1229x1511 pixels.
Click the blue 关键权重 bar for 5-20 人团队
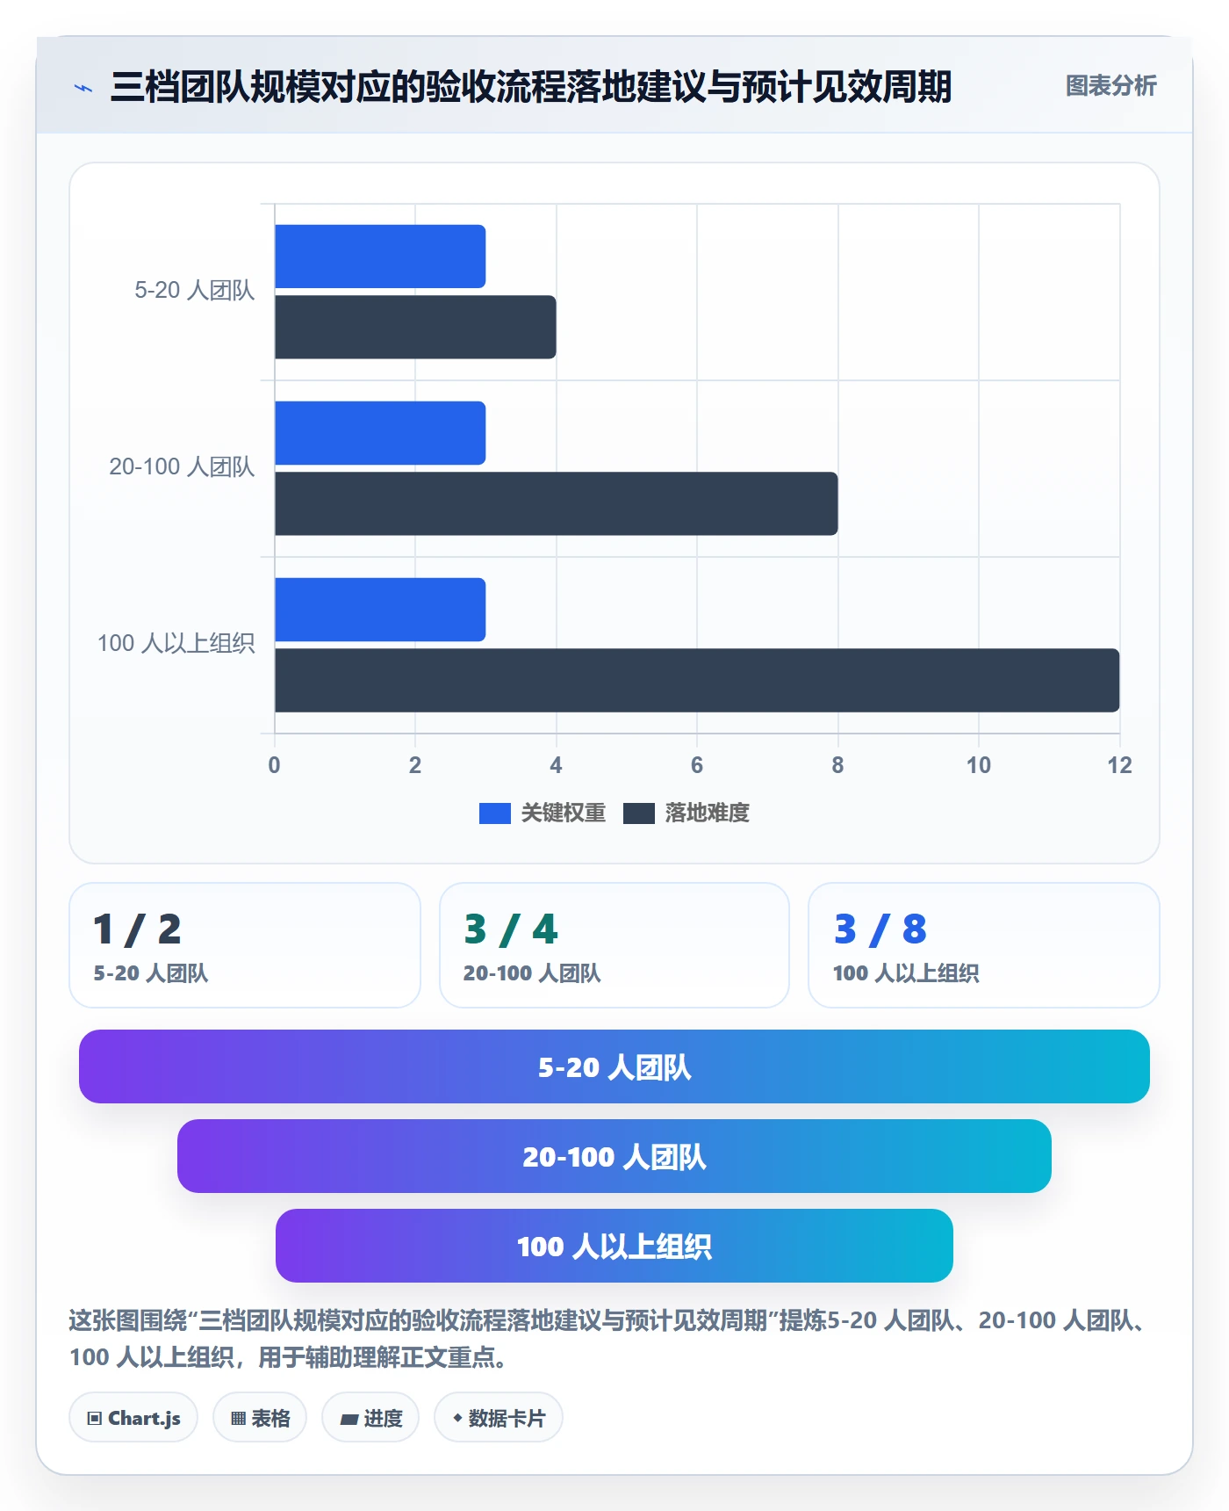point(380,257)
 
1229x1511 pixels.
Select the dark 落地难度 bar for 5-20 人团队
point(415,327)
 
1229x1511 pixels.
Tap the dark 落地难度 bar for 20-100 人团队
point(557,503)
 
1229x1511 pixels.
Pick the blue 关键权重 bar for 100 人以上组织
point(380,610)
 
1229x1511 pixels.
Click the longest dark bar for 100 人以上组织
point(697,680)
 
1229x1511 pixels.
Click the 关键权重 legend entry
point(543,813)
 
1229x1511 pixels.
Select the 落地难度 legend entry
point(686,813)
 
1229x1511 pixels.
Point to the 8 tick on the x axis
point(837,765)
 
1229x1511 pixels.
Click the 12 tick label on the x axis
point(1119,765)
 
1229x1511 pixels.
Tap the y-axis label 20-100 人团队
point(182,466)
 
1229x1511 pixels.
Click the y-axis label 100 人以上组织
point(176,643)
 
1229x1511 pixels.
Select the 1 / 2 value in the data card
point(137,929)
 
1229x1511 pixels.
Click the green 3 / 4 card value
point(511,929)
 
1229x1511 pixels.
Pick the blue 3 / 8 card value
point(880,929)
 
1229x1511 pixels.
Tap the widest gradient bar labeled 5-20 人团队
point(614,1066)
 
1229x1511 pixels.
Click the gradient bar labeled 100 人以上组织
point(614,1246)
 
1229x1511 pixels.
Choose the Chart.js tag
point(133,1417)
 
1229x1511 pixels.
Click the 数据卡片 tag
point(499,1417)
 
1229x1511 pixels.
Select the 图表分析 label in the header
point(1111,86)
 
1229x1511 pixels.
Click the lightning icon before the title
point(83,88)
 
